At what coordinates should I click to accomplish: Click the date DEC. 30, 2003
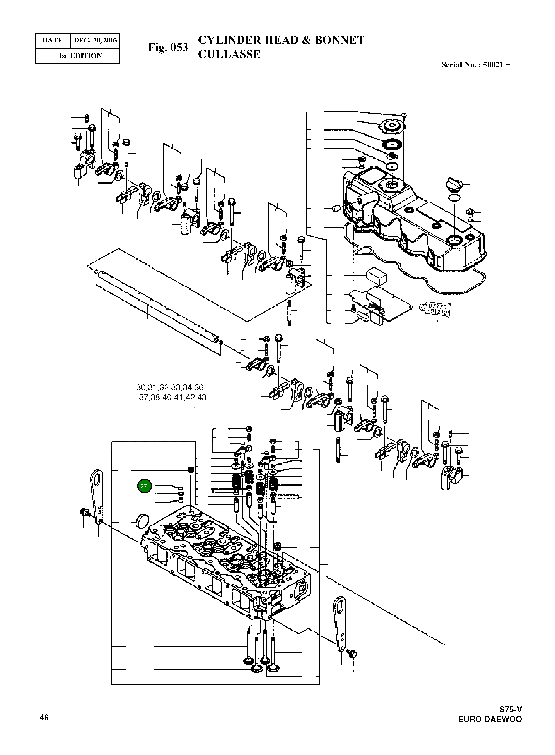pyautogui.click(x=95, y=41)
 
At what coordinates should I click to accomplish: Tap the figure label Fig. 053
pyautogui.click(x=168, y=47)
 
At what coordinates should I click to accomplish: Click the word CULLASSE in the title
pyautogui.click(x=229, y=54)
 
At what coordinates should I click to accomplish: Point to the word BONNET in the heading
pyautogui.click(x=339, y=40)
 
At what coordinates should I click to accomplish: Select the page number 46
pyautogui.click(x=44, y=717)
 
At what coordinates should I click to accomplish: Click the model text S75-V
pyautogui.click(x=510, y=709)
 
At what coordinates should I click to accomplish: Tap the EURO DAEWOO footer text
pyautogui.click(x=490, y=720)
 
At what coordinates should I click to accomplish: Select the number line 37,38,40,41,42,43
pyautogui.click(x=173, y=398)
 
